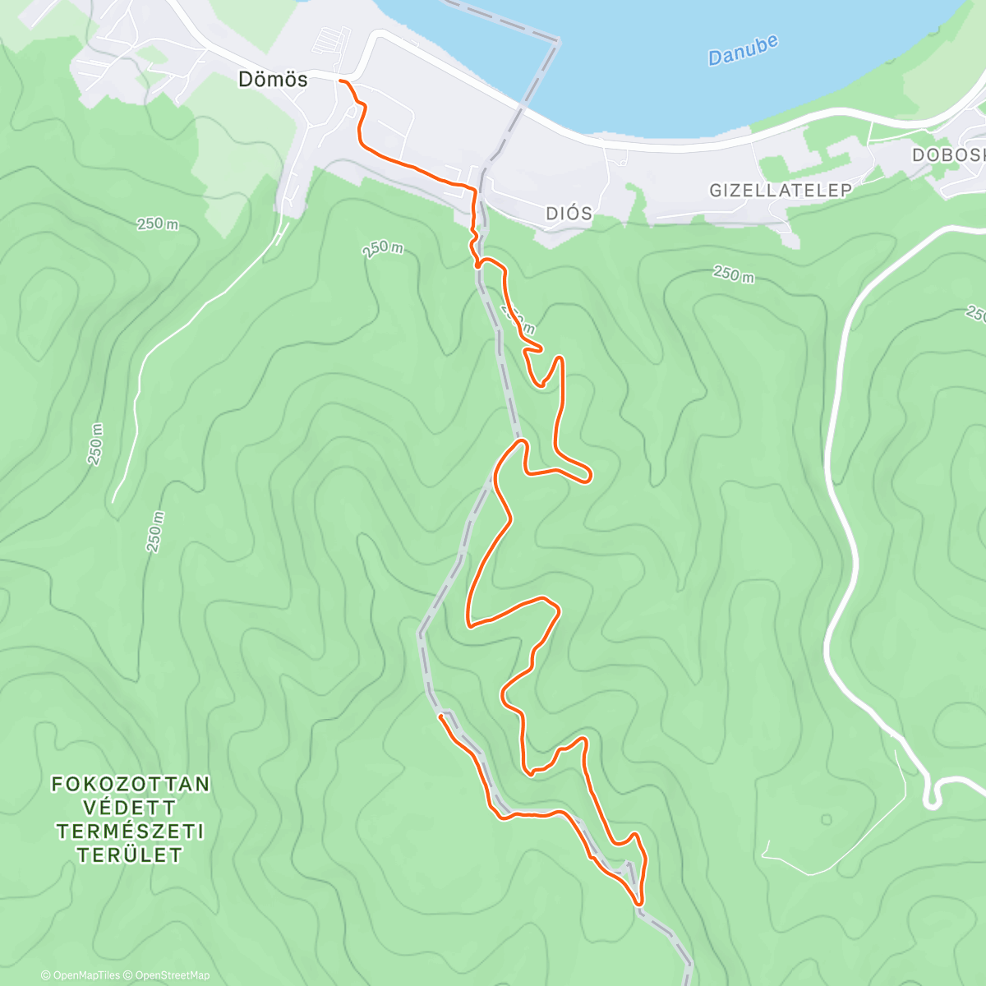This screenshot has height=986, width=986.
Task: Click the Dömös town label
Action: pos(273,80)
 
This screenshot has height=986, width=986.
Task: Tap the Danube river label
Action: pos(743,51)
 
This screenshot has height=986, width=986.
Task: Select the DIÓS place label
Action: pos(569,214)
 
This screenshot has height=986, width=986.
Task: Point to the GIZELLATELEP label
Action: pos(780,191)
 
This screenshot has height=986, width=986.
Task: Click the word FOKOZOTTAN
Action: pos(131,784)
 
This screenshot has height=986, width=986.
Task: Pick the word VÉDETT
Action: pos(130,808)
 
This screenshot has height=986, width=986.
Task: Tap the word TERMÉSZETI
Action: pos(130,832)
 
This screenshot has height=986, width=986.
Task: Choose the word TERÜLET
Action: pos(130,855)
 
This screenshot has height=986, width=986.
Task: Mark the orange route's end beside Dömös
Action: pos(340,81)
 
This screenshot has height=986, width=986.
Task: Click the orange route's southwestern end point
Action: pos(441,716)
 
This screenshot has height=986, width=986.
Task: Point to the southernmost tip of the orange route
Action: pos(638,903)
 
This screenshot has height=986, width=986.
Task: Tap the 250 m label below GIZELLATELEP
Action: pos(733,274)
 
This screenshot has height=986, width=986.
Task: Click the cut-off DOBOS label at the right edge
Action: pos(949,155)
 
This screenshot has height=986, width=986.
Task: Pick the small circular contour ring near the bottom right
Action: pos(826,819)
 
